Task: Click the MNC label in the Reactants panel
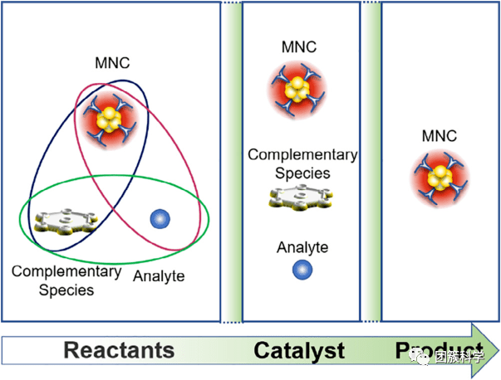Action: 113,62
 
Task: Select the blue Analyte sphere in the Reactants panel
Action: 159,219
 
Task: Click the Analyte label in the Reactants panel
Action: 159,275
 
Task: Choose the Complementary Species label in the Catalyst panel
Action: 302,163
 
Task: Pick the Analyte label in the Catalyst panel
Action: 302,247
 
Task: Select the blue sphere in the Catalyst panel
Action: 302,270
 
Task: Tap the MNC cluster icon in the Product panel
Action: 440,177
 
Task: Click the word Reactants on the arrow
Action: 120,350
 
